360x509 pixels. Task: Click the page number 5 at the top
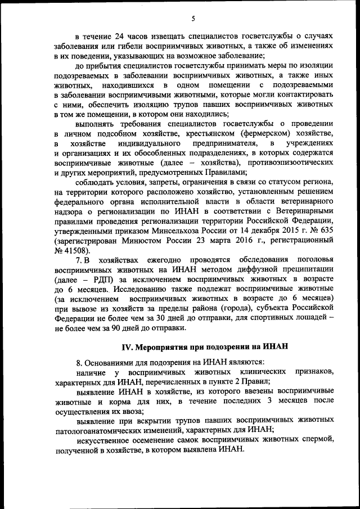193,19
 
